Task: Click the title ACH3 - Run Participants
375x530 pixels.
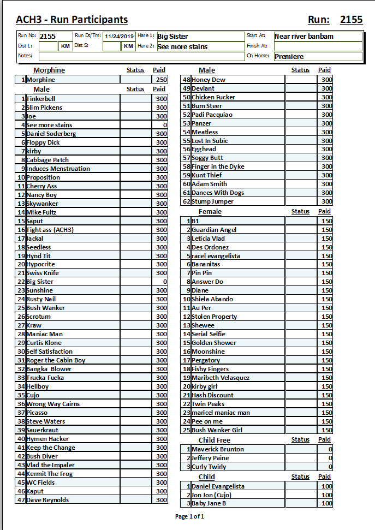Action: coord(72,20)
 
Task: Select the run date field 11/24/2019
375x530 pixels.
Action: coord(120,36)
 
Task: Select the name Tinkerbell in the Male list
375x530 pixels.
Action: coord(41,99)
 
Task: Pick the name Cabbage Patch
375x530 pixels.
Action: coord(47,160)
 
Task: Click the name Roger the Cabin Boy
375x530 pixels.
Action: coord(56,360)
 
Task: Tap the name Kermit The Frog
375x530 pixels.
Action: coord(49,474)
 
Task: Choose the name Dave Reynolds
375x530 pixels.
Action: coord(47,500)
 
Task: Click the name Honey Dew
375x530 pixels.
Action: coord(209,80)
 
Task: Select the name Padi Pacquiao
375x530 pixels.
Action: coord(212,115)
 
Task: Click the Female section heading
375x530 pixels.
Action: coord(210,212)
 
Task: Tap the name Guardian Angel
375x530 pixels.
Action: coord(214,230)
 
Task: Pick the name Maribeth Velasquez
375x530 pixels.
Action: coord(221,378)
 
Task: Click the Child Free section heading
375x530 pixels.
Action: coord(215,440)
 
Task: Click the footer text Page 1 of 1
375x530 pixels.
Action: coord(189,516)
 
